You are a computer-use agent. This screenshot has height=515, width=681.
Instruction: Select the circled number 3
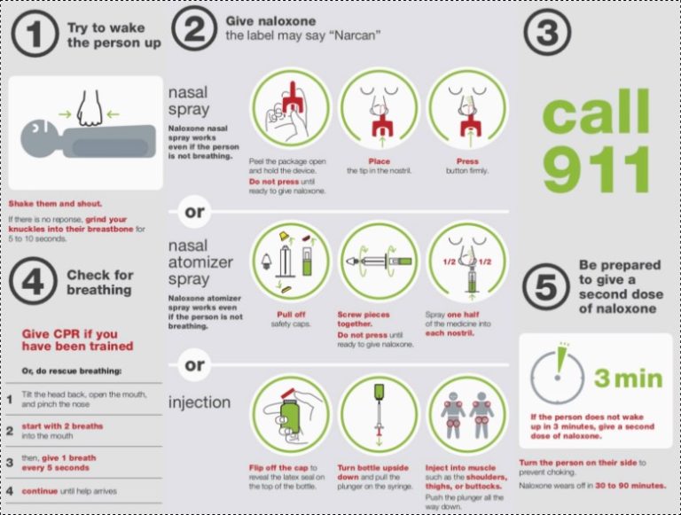(549, 34)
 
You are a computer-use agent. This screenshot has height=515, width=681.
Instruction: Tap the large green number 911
(596, 171)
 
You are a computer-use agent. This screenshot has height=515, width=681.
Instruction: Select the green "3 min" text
(628, 378)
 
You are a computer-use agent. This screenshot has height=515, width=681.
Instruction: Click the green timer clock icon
(560, 378)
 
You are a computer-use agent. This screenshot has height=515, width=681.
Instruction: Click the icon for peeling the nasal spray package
(291, 107)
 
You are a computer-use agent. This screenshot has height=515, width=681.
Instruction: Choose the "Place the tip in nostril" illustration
(379, 107)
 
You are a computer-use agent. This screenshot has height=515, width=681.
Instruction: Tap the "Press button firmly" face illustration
(467, 107)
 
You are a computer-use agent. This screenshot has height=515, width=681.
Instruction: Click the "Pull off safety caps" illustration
(291, 260)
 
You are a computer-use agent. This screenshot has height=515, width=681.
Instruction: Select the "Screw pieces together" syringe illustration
(379, 261)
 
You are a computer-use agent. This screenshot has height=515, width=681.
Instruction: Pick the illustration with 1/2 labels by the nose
(467, 260)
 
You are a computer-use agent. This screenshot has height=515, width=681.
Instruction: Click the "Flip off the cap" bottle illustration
(291, 414)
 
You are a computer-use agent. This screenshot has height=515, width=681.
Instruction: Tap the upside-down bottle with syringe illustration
(379, 414)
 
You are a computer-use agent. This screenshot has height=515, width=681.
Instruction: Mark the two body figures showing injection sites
(467, 414)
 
